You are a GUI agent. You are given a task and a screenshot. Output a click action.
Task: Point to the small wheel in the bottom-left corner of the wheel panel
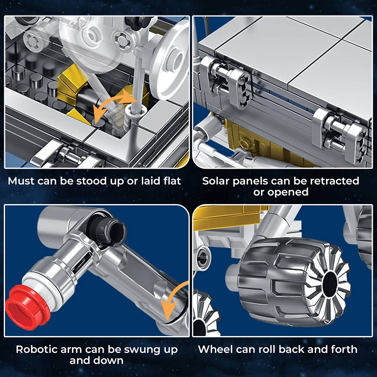(x=204, y=317)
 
